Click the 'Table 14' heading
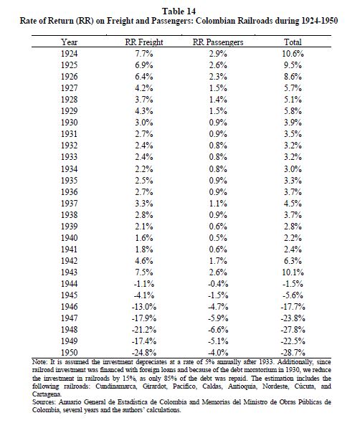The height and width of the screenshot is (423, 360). [x=179, y=11]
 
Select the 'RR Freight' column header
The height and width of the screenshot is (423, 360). [x=144, y=42]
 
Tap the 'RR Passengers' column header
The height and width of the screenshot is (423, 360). [x=218, y=42]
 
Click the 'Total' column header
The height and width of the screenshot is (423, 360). [x=293, y=42]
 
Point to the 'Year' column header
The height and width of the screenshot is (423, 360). [x=69, y=42]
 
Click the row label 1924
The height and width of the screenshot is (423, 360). [x=69, y=54]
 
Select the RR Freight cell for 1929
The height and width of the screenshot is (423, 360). [x=144, y=111]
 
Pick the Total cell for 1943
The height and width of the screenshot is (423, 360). [x=293, y=272]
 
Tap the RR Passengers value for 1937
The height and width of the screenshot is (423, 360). [x=218, y=203]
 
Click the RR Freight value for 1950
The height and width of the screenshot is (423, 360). [x=144, y=352]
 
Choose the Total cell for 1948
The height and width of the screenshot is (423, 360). [x=293, y=329]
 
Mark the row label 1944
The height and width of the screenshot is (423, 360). [x=69, y=283]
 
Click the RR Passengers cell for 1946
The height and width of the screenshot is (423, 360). [x=218, y=306]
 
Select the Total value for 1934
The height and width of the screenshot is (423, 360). [x=293, y=169]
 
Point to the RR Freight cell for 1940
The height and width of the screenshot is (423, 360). [x=144, y=237]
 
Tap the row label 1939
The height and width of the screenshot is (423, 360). [x=69, y=226]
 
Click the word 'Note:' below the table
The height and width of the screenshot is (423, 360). [x=39, y=362]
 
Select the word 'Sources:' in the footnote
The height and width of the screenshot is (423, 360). [x=44, y=402]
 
